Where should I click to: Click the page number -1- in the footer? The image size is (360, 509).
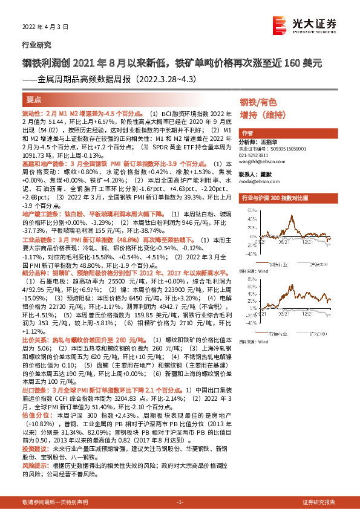tap(179, 502)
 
